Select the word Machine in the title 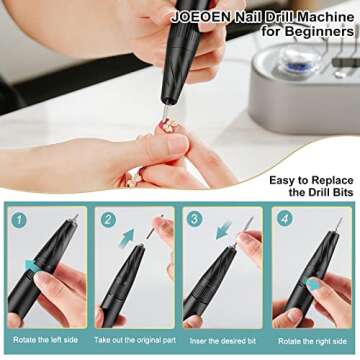320,17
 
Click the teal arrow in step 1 31,265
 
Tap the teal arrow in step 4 313,284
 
